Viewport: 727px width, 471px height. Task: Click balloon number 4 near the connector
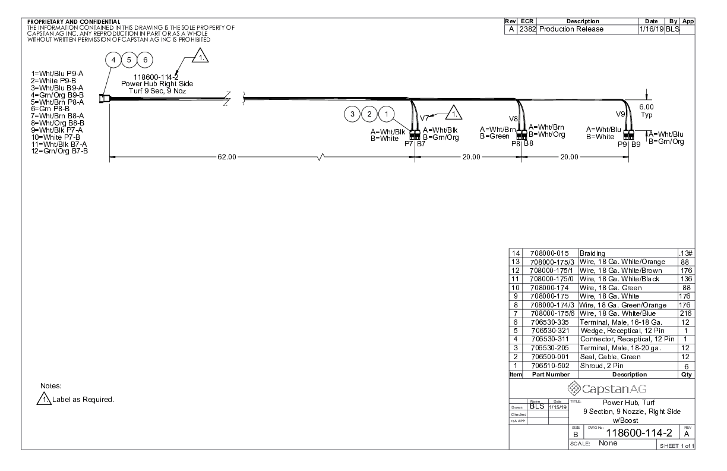click(113, 60)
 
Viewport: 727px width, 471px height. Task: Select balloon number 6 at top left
click(145, 60)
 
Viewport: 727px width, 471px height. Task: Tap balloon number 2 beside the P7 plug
click(369, 114)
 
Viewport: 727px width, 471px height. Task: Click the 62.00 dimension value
click(227, 157)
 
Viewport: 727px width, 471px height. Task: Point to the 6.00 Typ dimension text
click(646, 111)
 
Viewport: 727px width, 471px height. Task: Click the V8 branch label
click(513, 119)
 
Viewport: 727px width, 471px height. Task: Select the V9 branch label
click(620, 114)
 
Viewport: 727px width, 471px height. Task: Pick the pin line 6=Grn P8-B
click(50, 109)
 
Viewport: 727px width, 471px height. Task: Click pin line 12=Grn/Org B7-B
click(59, 151)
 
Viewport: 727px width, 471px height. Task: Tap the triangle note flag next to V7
click(454, 113)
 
